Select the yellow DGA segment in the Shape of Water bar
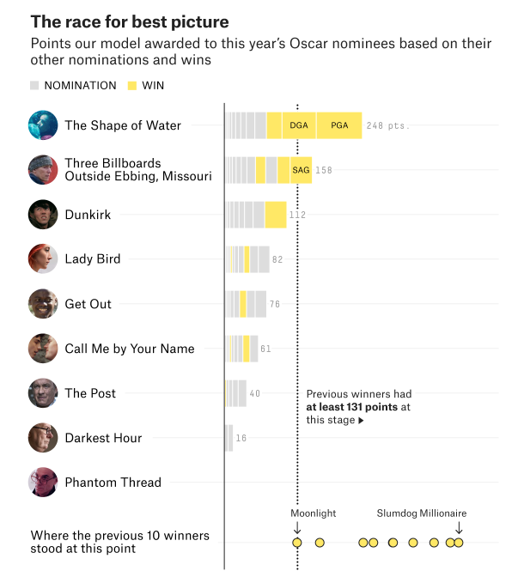298,125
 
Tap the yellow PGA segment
339,125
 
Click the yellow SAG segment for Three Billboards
300,170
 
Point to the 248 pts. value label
387,125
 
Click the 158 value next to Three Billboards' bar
323,170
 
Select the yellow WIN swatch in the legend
132,86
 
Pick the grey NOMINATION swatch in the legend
34,86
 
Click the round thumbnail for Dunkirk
43,215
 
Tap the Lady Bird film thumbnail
43,259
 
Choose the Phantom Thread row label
113,483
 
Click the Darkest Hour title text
103,438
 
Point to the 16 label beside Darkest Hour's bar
241,438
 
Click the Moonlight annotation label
313,513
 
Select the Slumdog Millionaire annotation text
421,513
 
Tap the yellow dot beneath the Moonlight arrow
297,543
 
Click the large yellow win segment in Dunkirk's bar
276,215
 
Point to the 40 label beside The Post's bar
254,393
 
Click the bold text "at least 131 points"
351,407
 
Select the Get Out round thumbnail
43,304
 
